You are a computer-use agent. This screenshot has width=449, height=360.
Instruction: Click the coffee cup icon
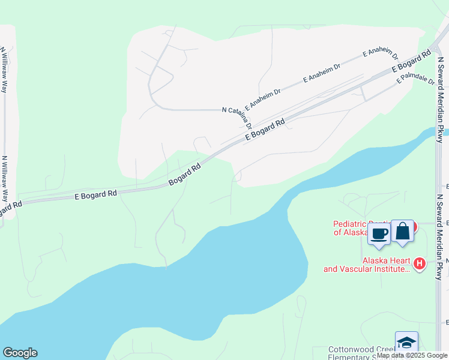(x=379, y=233)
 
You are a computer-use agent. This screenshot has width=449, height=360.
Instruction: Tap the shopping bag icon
(x=402, y=232)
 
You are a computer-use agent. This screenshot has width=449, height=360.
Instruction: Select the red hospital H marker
(x=420, y=263)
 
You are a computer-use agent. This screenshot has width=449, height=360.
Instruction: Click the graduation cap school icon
(x=406, y=343)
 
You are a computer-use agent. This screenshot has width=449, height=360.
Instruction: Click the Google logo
(x=20, y=353)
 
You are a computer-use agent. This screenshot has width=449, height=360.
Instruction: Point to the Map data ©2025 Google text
(x=412, y=355)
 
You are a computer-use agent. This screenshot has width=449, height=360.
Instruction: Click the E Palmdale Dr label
(x=415, y=83)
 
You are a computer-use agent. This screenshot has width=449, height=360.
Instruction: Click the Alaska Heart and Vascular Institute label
(x=367, y=265)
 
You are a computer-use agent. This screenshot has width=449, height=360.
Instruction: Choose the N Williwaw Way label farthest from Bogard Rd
(x=4, y=70)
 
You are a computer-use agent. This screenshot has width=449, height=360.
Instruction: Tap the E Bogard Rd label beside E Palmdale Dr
(x=412, y=62)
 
